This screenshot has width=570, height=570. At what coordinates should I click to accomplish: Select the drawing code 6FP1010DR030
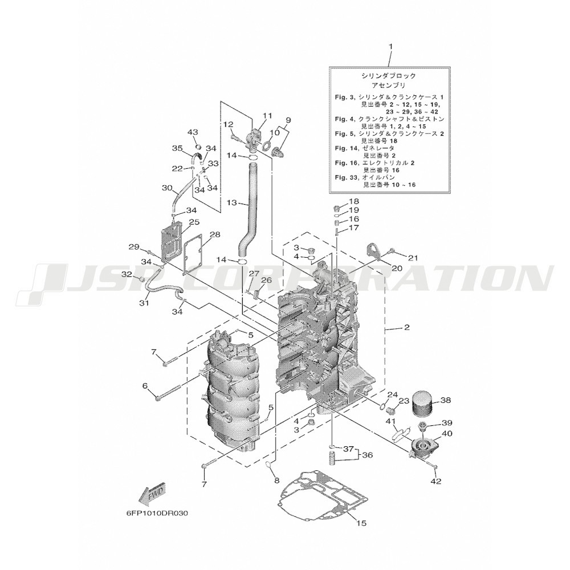point(157,513)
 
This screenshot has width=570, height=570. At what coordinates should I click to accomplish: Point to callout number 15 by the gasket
point(360,523)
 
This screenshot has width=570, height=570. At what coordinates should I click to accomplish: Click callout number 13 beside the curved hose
point(231,202)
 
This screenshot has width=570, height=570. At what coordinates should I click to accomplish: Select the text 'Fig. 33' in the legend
point(345,178)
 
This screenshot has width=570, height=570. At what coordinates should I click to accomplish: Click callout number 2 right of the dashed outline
point(406,327)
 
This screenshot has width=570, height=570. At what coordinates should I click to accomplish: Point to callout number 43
point(192,132)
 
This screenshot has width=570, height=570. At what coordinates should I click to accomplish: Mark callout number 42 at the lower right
point(435,481)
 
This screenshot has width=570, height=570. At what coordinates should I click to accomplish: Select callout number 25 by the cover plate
point(194,222)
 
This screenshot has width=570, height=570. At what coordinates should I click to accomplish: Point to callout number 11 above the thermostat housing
point(268,116)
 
